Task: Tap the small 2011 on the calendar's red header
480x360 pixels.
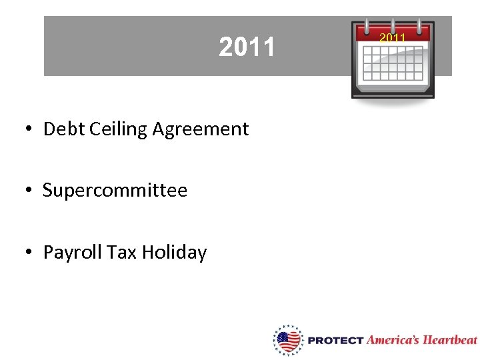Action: [393, 38]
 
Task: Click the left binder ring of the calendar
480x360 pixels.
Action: [365, 25]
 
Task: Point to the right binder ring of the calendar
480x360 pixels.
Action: [420, 25]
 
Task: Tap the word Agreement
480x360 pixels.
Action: [200, 129]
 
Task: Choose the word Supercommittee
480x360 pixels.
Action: [115, 191]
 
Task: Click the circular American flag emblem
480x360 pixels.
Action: [288, 340]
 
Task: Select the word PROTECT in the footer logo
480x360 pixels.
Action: [335, 340]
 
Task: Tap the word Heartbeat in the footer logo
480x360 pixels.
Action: [451, 339]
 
